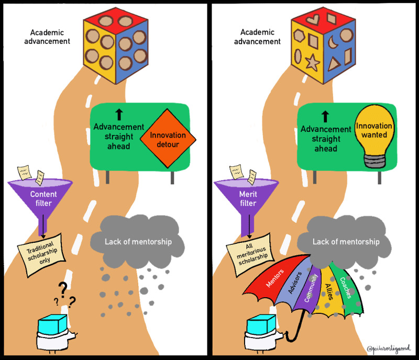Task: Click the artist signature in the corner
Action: pyautogui.click(x=390, y=348)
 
